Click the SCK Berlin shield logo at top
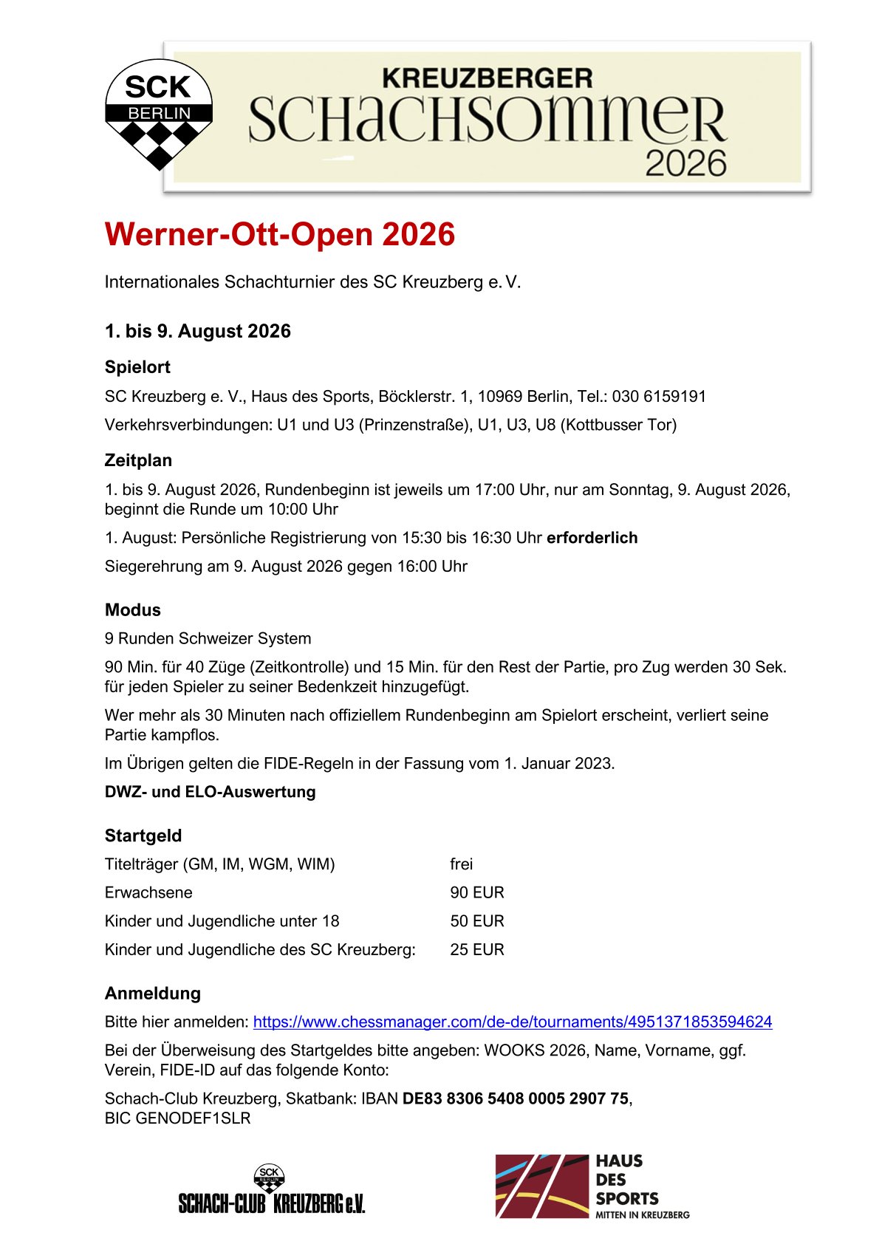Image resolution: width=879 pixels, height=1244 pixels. point(159,113)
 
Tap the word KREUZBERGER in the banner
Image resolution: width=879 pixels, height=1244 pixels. point(487,78)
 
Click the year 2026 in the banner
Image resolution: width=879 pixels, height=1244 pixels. point(685,163)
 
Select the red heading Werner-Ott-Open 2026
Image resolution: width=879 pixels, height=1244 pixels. point(280,235)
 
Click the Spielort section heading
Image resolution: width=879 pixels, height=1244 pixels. point(137,367)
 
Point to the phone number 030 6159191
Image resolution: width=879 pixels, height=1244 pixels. point(659,397)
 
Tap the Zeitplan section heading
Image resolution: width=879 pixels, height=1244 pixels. point(138,460)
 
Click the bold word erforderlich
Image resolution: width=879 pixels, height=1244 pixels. point(592,538)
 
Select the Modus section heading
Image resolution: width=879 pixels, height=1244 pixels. point(133,609)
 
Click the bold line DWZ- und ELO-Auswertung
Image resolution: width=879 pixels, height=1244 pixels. point(210,792)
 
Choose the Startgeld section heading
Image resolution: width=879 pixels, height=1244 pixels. point(143,835)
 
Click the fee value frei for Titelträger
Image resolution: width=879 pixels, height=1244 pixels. point(462,864)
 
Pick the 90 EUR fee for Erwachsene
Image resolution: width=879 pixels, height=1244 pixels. point(477,892)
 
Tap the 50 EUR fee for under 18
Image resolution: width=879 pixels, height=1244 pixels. point(477,921)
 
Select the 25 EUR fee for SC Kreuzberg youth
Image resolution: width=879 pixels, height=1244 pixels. point(477,950)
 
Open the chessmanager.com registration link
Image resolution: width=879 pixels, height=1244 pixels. point(513,1022)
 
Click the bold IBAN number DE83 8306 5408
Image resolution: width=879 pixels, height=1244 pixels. point(516,1099)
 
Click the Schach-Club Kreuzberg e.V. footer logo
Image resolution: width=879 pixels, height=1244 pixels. point(272,1189)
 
